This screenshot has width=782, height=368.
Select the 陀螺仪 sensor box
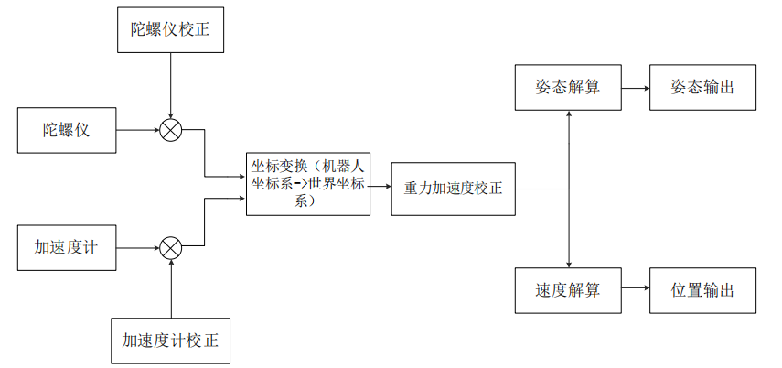(68, 130)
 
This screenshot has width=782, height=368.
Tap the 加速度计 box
(68, 247)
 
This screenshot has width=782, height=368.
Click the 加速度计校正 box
(171, 341)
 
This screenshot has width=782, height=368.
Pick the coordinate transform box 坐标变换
(308, 183)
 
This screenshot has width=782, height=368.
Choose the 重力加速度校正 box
(453, 189)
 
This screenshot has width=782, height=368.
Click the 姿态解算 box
(568, 88)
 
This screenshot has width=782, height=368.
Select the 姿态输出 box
(702, 88)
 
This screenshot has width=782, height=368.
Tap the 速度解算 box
(568, 291)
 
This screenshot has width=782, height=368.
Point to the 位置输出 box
(702, 291)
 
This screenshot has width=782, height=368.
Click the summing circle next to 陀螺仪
(171, 130)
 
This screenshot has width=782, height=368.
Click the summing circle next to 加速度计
(171, 247)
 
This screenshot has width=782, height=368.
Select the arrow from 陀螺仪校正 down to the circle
(171, 86)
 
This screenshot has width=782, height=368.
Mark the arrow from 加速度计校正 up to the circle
(171, 288)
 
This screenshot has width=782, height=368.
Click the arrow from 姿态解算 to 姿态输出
(636, 88)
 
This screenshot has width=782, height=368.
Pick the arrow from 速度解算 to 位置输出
(636, 291)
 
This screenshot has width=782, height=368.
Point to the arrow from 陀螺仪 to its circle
(138, 130)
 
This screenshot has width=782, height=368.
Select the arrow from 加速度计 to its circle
(138, 247)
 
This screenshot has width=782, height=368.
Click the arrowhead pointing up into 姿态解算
(569, 116)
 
